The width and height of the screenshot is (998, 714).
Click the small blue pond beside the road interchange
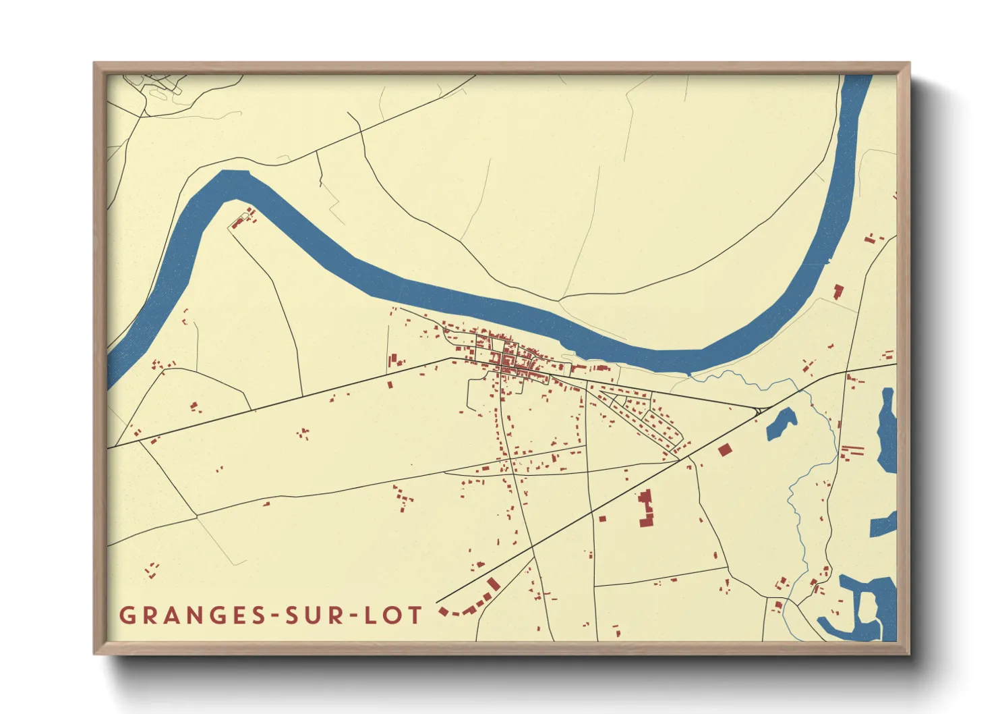[x=782, y=423]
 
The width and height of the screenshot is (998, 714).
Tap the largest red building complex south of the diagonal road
[x=646, y=509]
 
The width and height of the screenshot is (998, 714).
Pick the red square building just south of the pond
[x=725, y=450]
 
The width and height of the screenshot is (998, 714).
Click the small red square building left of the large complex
[x=602, y=519]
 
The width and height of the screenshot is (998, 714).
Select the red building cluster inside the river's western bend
[x=244, y=218]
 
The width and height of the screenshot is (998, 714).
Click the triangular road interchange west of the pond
[x=759, y=410]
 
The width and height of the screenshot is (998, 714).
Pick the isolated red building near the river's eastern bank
[x=838, y=292]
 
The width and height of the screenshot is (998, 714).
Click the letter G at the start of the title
[x=127, y=615]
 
